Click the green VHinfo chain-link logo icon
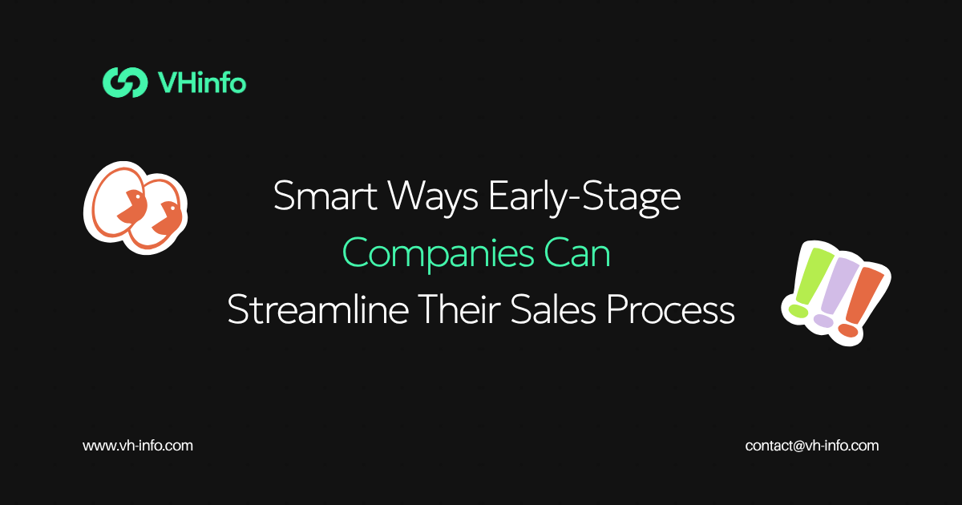(x=125, y=82)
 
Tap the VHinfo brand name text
(x=202, y=82)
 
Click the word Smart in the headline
(x=325, y=196)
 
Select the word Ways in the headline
(x=433, y=199)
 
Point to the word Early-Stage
(x=584, y=199)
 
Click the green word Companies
(x=438, y=255)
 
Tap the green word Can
(x=577, y=253)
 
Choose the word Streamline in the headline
(x=317, y=309)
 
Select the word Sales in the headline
(x=553, y=309)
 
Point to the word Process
(x=670, y=309)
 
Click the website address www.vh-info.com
(x=138, y=446)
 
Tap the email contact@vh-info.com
(x=811, y=446)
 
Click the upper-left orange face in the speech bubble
(x=133, y=205)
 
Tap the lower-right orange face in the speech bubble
(x=168, y=219)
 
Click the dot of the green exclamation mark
(x=798, y=311)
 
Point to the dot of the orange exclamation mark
(x=848, y=330)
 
